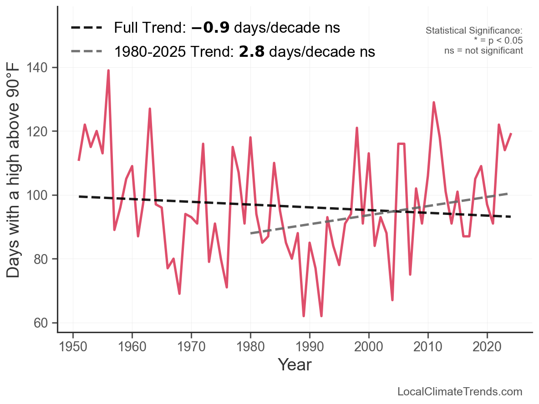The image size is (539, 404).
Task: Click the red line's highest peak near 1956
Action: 108,70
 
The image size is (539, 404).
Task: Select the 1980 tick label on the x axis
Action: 250,346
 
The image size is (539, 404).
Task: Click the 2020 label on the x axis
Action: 487,346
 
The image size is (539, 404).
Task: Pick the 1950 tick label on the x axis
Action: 73,346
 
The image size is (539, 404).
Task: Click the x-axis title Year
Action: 295,364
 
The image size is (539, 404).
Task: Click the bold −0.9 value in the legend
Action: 210,28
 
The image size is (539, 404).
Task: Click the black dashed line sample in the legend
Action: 86,28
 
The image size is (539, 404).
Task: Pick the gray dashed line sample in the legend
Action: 86,52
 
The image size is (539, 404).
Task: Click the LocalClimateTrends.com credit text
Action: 460,392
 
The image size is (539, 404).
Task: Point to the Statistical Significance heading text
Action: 474,30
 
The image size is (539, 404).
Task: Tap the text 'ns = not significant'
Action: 483,50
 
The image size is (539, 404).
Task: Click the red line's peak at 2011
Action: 434,102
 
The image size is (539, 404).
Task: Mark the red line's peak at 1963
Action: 150,109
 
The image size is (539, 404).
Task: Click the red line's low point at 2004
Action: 392,300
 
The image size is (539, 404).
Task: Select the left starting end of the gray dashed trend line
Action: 251,233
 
